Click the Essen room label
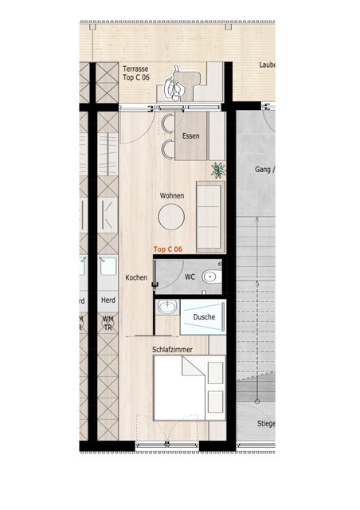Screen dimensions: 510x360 190,136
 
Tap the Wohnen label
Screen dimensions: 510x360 172,195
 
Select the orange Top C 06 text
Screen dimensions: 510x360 168,249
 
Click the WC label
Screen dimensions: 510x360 190,277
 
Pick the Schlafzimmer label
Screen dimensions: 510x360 173,349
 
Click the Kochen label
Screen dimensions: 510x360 136,277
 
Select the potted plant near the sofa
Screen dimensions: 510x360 217,170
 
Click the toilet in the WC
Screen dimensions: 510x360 209,277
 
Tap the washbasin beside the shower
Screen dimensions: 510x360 168,308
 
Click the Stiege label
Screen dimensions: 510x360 265,424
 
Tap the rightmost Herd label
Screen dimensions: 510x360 108,300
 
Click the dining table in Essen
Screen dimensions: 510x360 191,136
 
